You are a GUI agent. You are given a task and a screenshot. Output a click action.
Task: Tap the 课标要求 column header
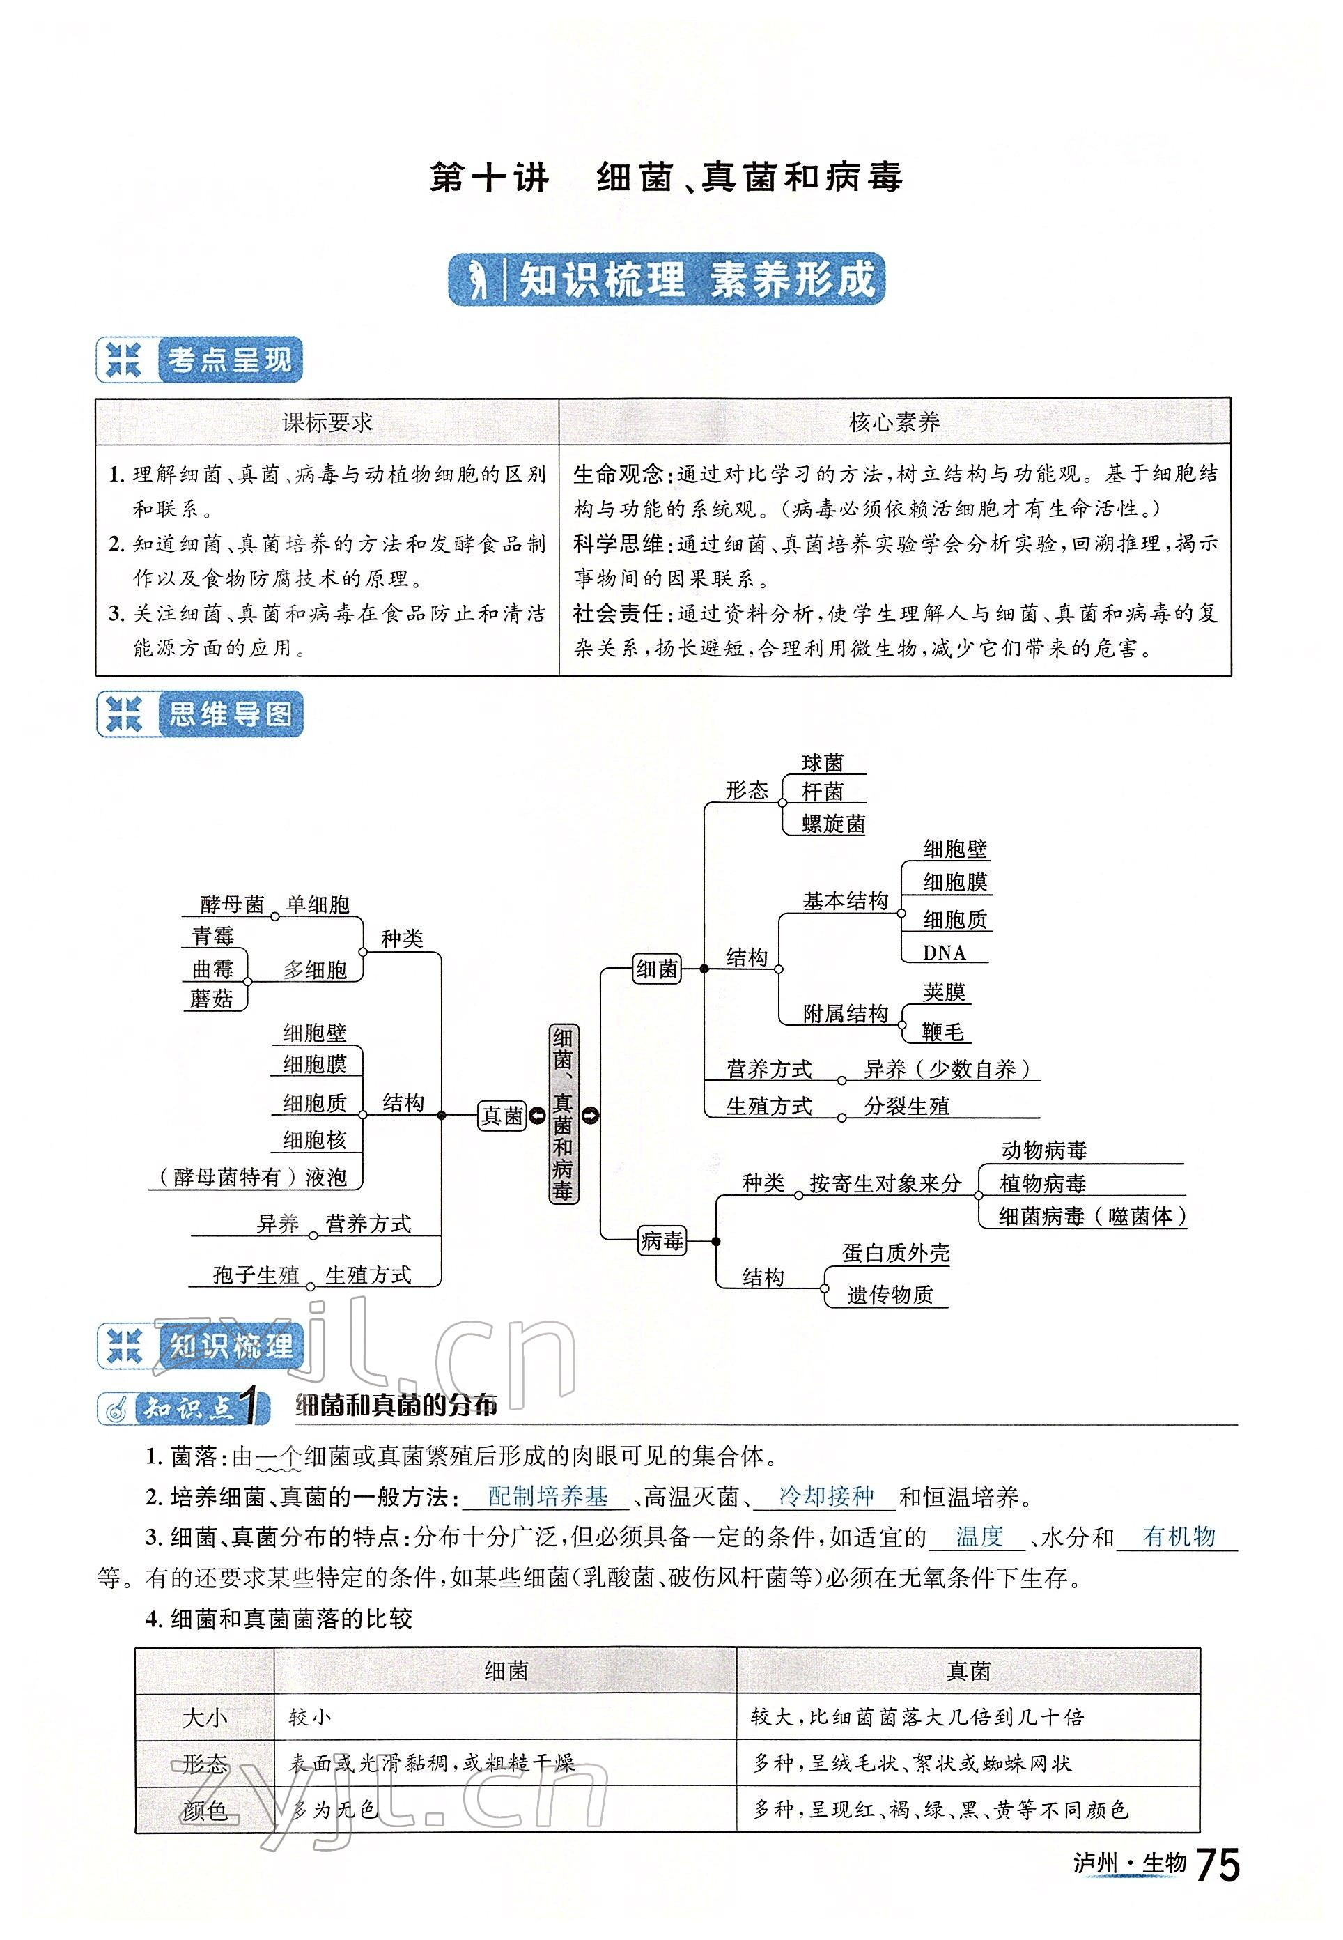coord(327,422)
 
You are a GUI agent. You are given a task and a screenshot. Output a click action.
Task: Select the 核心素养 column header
coord(894,422)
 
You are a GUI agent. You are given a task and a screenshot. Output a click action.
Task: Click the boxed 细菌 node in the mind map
coord(656,969)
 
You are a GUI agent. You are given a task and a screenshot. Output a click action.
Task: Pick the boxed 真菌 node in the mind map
coord(502,1116)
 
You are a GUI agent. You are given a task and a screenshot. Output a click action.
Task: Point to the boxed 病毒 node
coord(662,1240)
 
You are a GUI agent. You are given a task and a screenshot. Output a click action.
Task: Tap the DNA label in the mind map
coord(943,953)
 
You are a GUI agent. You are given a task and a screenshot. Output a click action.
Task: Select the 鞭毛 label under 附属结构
coord(942,1031)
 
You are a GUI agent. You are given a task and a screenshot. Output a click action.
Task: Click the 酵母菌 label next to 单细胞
coord(231,904)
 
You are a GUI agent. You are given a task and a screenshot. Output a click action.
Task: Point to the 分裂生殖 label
coord(906,1106)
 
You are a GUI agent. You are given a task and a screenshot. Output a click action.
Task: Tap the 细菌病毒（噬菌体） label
coord(1092,1216)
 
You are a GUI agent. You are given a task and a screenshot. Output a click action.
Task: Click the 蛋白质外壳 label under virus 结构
coord(895,1253)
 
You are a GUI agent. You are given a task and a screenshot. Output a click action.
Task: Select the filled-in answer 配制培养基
coord(548,1496)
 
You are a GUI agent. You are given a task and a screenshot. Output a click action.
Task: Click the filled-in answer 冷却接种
coord(825,1496)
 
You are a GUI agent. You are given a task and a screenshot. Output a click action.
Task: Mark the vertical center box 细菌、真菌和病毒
coord(563,1114)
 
